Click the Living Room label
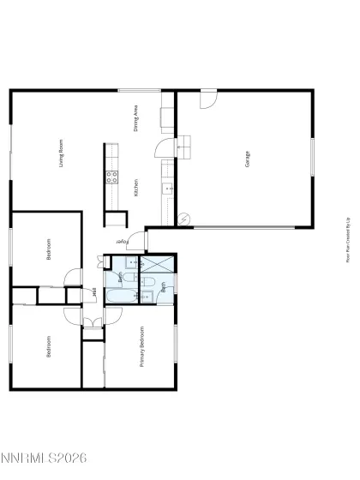[62, 153]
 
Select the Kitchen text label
[136, 188]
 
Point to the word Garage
[247, 159]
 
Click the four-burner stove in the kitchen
[111, 178]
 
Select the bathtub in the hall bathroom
[122, 296]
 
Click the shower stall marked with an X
[157, 265]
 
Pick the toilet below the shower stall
[147, 284]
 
